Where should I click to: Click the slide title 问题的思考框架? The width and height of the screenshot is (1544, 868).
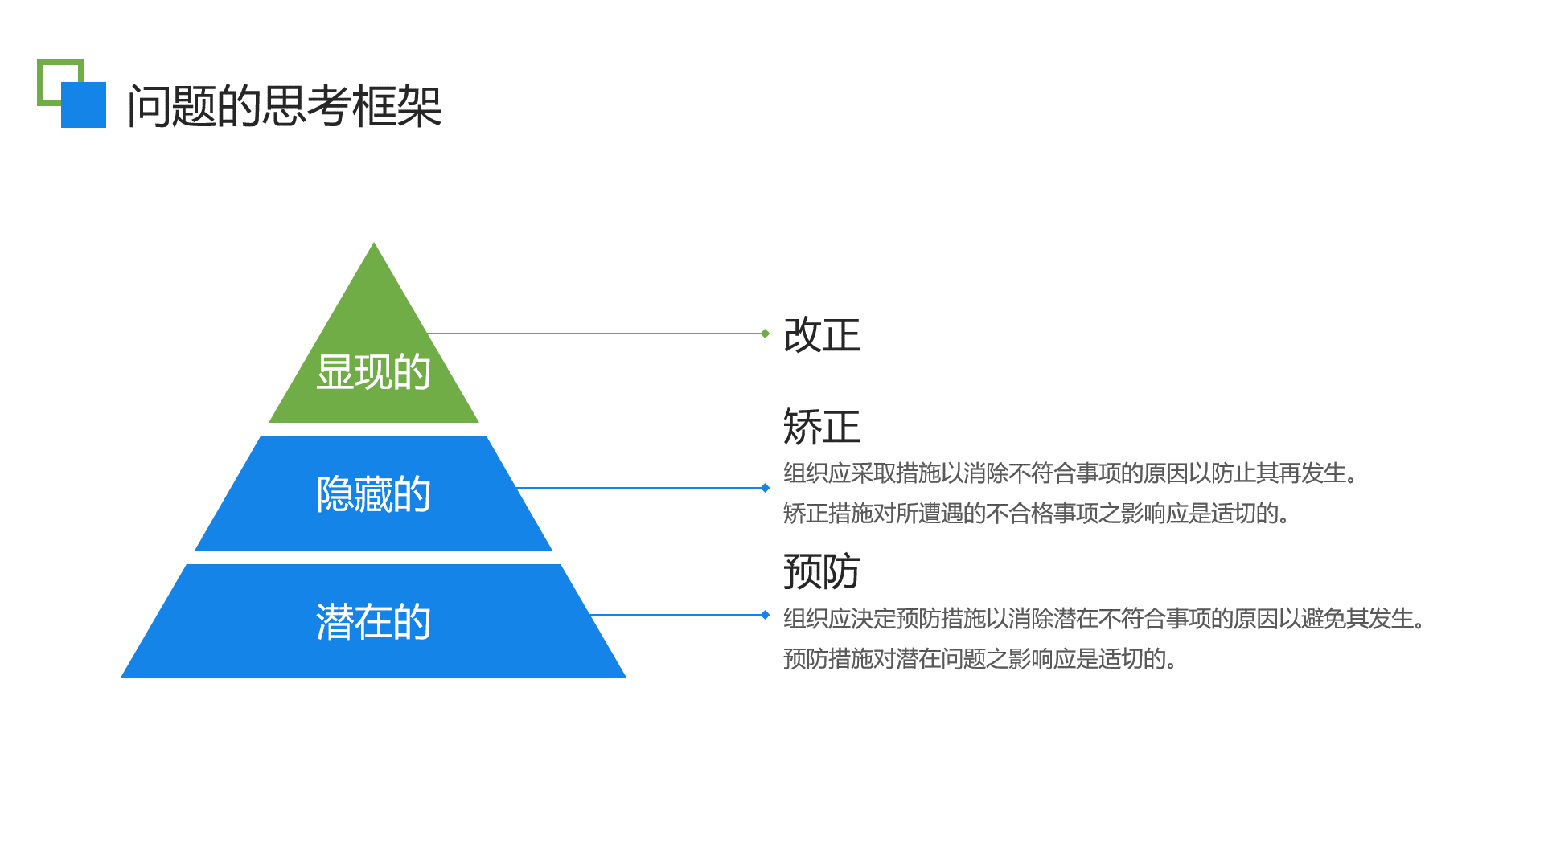285,106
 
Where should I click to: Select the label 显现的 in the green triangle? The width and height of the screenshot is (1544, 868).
373,372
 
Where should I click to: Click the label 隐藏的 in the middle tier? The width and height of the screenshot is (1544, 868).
373,493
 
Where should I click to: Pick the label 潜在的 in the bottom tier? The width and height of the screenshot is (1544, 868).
373,621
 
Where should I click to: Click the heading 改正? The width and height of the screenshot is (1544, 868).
821,334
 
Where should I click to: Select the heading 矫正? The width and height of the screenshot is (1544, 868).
821,426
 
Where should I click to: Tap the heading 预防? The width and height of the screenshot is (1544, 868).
821,571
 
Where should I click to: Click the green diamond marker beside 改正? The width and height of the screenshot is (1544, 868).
766,334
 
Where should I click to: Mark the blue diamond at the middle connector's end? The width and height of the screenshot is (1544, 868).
766,488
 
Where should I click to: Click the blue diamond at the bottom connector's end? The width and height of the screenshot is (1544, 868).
766,615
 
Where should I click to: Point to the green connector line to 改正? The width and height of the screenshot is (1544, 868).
595,334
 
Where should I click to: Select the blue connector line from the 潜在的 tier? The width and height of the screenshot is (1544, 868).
675,615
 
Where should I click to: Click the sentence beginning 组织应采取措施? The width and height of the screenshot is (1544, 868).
1070,473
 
